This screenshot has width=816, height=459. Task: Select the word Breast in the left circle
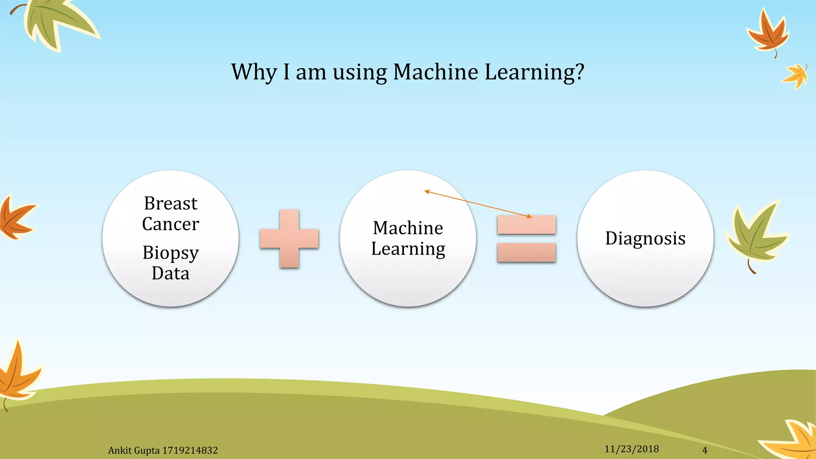point(171,204)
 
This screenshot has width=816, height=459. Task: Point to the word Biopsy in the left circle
point(171,253)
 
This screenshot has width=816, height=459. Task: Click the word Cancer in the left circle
point(171,224)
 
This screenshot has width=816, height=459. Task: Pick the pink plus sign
point(289,239)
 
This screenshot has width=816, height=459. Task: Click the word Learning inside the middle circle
point(408,249)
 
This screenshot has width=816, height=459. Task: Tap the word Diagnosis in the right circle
point(645,238)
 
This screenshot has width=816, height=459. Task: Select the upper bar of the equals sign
point(526,225)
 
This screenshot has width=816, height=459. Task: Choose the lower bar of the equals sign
point(526,253)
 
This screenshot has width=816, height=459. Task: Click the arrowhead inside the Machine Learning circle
point(427,192)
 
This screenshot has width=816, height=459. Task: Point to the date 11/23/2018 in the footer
point(632,449)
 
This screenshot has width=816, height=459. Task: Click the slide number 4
point(704,451)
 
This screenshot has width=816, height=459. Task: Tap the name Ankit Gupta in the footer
point(134,451)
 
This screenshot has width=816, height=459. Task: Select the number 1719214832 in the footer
point(190,451)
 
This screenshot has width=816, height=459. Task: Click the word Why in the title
point(254,72)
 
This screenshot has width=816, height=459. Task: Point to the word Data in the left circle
point(171,274)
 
